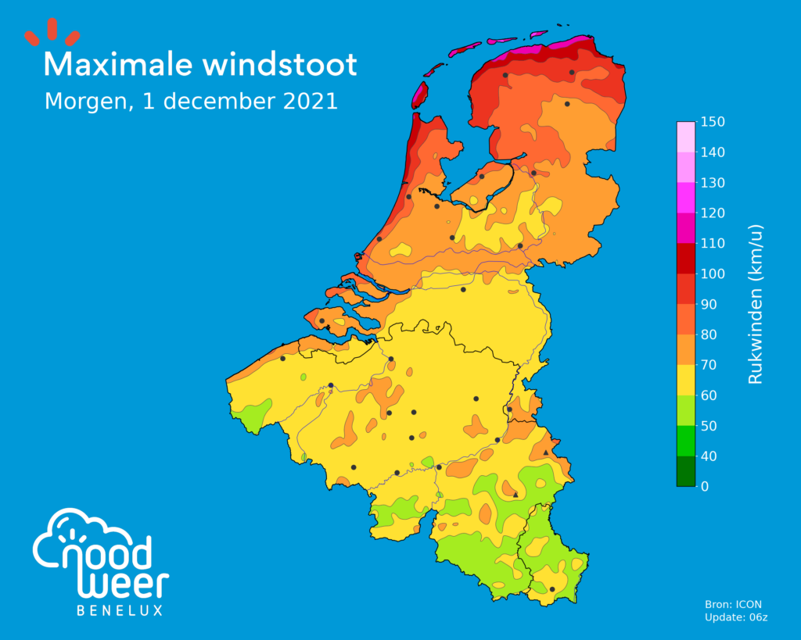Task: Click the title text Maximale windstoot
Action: [x=200, y=65]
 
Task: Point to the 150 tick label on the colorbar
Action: [x=713, y=122]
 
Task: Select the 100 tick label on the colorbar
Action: [x=713, y=274]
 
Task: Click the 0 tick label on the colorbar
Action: [x=706, y=487]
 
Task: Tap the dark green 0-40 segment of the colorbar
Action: [x=685, y=471]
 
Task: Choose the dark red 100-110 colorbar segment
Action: [x=685, y=259]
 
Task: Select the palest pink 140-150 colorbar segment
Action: [x=685, y=137]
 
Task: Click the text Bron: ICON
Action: [x=733, y=604]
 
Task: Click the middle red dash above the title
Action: [x=52, y=30]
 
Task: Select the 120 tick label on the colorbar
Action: [x=713, y=213]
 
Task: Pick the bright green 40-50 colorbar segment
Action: [x=685, y=441]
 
